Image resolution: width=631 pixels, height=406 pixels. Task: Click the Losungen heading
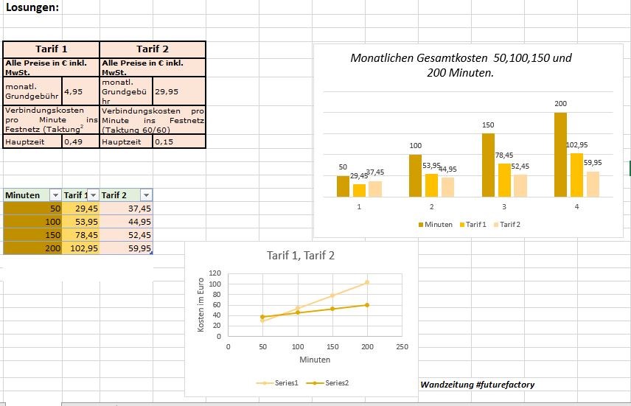click(32, 7)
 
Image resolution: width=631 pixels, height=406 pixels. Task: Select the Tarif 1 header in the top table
click(51, 49)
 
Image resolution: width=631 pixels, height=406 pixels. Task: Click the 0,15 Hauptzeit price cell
click(178, 141)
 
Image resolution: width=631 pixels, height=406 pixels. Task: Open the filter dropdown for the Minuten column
click(55, 195)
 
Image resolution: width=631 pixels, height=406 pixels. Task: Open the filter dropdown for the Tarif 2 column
click(146, 195)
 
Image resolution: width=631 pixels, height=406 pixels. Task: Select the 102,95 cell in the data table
click(80, 248)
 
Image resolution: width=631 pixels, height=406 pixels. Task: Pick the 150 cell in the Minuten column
click(32, 235)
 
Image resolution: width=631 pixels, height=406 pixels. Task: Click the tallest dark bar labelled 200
click(560, 155)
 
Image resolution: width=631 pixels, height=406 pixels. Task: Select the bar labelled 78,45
click(504, 180)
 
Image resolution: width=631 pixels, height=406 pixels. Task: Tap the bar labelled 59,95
click(593, 184)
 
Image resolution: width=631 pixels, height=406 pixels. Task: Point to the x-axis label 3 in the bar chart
click(504, 207)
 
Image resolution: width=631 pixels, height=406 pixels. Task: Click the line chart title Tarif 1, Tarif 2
click(301, 256)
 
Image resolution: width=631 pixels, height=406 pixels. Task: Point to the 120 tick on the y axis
click(215, 273)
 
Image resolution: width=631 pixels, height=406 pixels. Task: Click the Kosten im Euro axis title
click(201, 304)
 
